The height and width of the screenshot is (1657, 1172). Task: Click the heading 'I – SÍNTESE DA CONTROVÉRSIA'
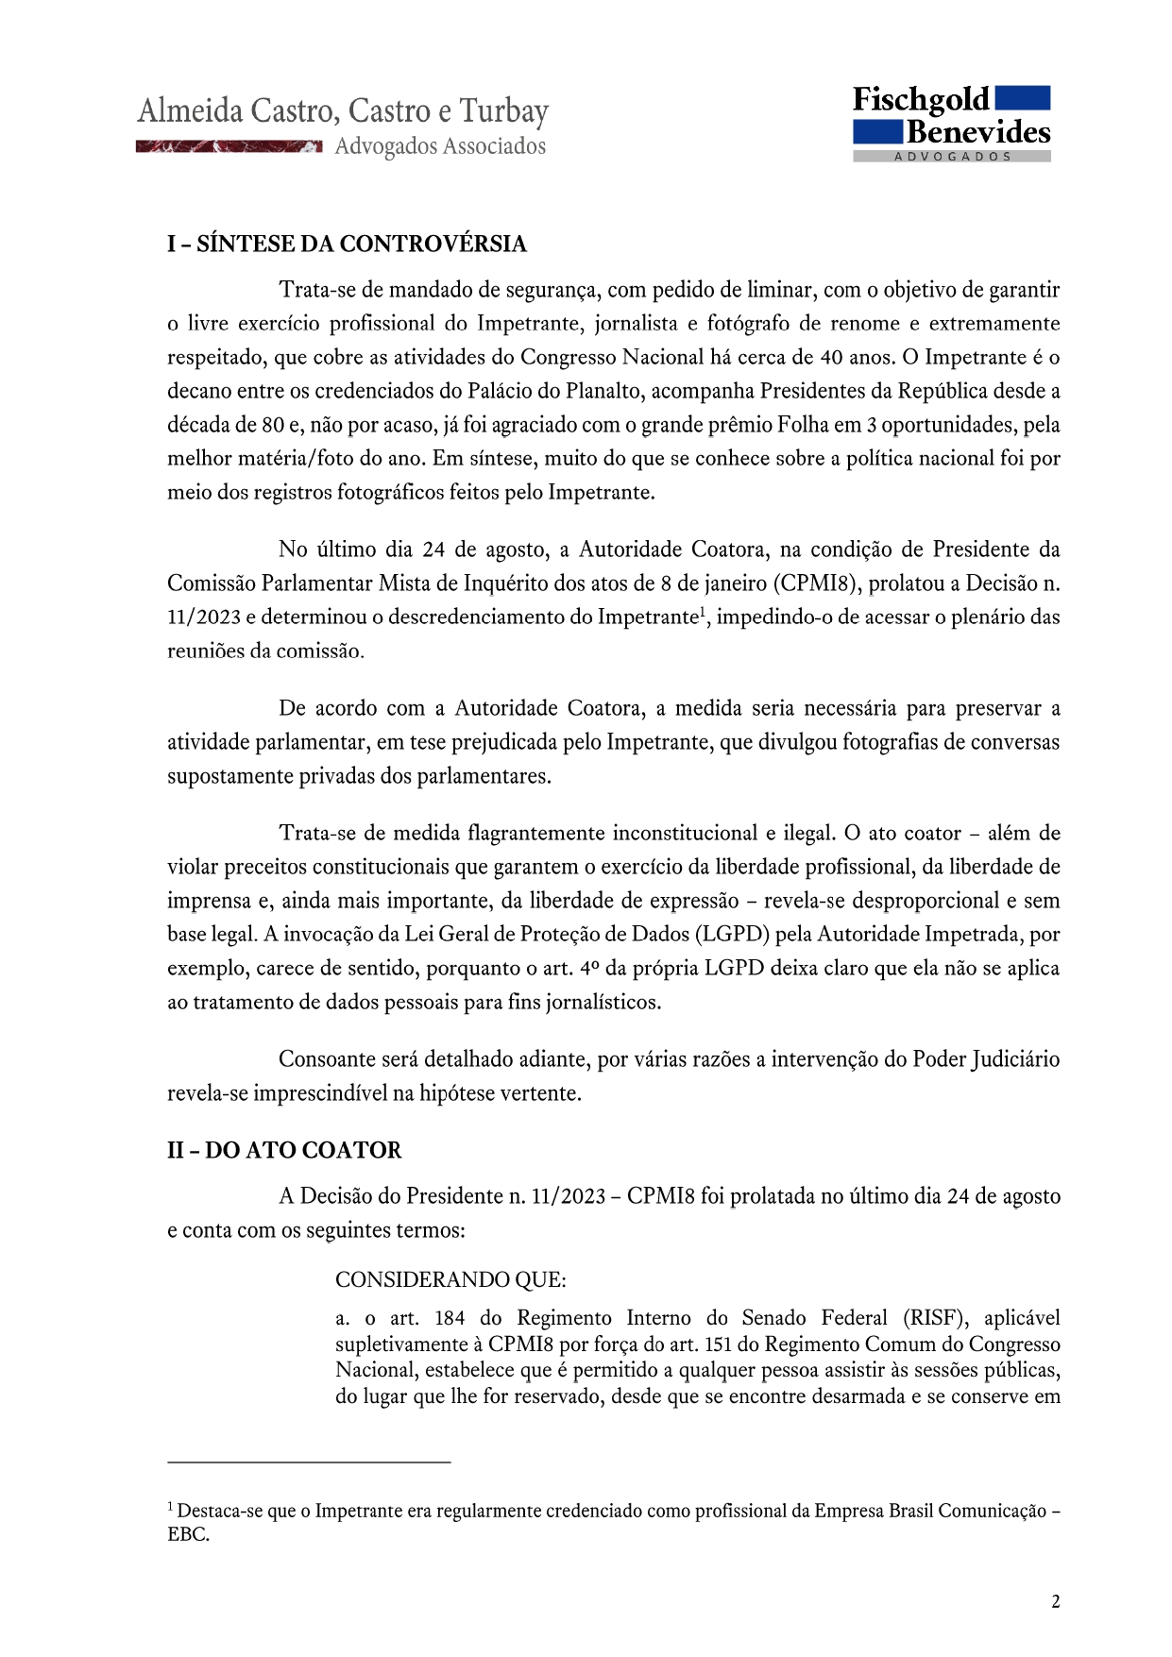pos(347,244)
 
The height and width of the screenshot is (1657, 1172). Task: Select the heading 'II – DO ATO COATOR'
pos(284,1150)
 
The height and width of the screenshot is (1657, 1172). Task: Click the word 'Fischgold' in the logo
pos(921,100)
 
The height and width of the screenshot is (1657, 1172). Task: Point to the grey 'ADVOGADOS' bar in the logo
pos(952,157)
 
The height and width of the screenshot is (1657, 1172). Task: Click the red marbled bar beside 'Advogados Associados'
pos(229,146)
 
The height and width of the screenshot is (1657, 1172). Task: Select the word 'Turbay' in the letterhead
pos(503,111)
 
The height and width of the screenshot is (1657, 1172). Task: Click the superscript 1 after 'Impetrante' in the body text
pos(704,611)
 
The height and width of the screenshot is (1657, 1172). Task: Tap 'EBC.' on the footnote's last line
pos(189,1534)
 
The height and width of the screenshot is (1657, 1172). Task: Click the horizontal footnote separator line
pos(309,1463)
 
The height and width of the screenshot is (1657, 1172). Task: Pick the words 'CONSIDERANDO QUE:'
pos(450,1280)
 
